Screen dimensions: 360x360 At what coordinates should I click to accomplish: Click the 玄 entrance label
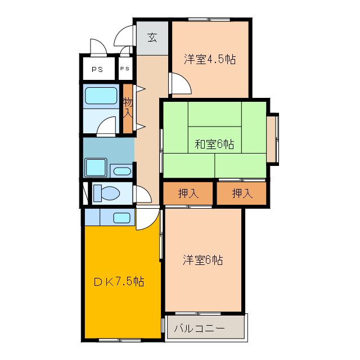[x=152, y=38]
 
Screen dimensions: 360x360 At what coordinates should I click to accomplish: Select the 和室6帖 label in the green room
[x=214, y=145]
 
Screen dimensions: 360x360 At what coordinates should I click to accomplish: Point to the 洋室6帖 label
[x=203, y=260]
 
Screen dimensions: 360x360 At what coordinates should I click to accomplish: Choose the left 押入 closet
[x=188, y=193]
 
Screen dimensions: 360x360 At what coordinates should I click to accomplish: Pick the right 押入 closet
[x=242, y=193]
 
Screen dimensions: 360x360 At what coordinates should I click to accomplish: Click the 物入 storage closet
[x=128, y=108]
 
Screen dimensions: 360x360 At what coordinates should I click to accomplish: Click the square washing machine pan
[x=96, y=168]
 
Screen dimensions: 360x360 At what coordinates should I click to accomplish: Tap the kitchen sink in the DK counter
[x=123, y=218]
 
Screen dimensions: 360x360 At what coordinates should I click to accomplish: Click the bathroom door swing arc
[x=106, y=126]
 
